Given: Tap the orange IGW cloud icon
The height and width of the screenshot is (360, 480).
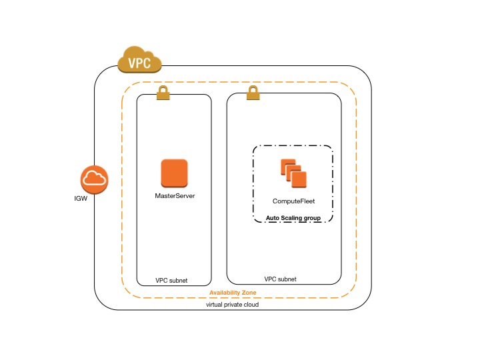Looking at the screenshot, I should (x=95, y=178).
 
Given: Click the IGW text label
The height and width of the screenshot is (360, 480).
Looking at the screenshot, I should (x=80, y=199).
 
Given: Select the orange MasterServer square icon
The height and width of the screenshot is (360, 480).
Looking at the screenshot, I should (x=174, y=173).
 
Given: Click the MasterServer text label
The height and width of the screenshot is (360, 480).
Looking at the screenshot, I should (x=174, y=196).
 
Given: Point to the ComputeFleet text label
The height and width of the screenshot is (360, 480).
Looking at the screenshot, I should (x=293, y=201).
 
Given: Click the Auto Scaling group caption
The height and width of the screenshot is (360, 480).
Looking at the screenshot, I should (x=293, y=217).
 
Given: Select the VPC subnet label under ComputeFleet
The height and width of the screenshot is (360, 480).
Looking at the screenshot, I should (x=281, y=279).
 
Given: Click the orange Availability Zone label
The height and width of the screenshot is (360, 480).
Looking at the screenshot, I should (x=233, y=293).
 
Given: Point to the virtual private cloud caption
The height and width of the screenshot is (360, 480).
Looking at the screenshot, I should (x=233, y=305).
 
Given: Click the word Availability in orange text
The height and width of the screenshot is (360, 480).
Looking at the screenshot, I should (x=225, y=293).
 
